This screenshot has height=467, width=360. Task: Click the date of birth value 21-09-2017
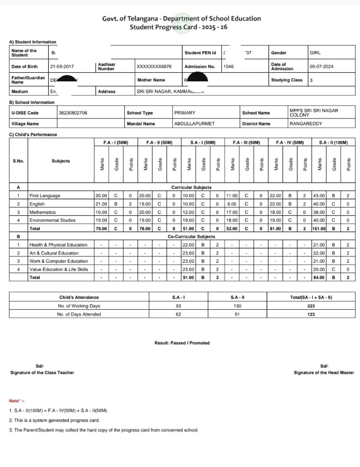pyautogui.click(x=62, y=66)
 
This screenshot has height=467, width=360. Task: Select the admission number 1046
pyautogui.click(x=228, y=66)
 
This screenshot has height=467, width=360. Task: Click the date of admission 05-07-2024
pyautogui.click(x=322, y=66)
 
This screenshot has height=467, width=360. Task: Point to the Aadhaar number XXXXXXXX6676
pyautogui.click(x=154, y=66)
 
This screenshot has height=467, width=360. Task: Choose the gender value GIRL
pyautogui.click(x=315, y=53)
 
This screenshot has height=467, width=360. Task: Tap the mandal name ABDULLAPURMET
pyautogui.click(x=194, y=123)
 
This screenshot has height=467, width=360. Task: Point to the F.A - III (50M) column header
pyautogui.click(x=246, y=142)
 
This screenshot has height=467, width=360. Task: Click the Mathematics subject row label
pyautogui.click(x=43, y=212)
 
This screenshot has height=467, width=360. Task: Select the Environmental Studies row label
pyautogui.click(x=51, y=220)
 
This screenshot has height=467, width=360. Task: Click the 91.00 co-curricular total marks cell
pyautogui.click(x=188, y=278)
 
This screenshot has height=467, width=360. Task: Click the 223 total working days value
pyautogui.click(x=311, y=306)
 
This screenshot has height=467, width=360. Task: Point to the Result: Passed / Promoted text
pyautogui.click(x=182, y=343)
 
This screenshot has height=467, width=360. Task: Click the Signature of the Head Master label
pyautogui.click(x=324, y=373)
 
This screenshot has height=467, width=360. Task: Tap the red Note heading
pyautogui.click(x=17, y=401)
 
